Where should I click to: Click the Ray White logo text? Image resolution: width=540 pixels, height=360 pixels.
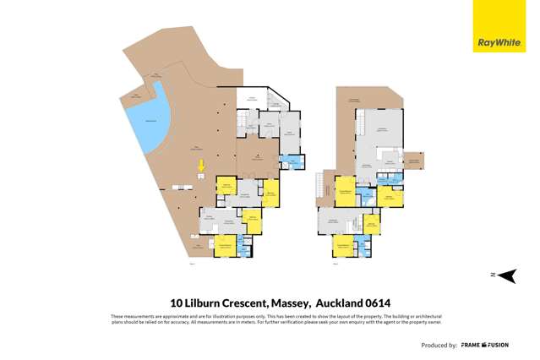[x=499, y=41]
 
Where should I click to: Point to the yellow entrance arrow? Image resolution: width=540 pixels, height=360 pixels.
[x=201, y=166]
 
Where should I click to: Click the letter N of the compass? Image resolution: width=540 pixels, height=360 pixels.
[x=491, y=275]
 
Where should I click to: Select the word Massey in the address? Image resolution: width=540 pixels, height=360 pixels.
[x=309, y=303]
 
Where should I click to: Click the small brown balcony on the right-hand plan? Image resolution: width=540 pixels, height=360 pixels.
[x=416, y=161]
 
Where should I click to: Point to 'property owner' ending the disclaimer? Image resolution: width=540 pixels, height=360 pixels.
[x=423, y=321]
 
